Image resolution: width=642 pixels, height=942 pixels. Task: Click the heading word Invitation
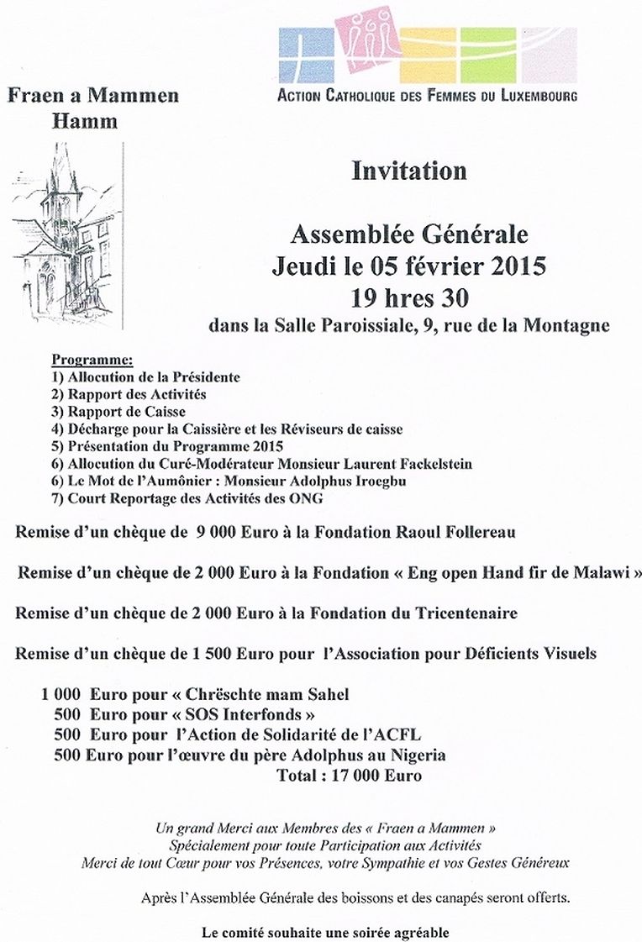tap(408, 171)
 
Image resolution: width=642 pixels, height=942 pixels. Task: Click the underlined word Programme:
tap(92, 360)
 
